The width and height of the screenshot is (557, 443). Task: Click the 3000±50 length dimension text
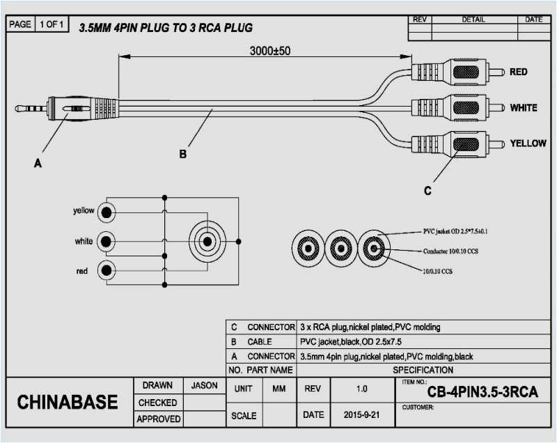[x=270, y=51]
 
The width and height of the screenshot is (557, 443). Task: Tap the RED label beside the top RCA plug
[x=518, y=72]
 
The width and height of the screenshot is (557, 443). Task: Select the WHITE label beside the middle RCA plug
[x=523, y=108]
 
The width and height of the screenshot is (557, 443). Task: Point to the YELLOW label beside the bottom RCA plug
[x=527, y=143]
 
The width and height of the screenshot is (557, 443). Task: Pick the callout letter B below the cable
[x=182, y=155]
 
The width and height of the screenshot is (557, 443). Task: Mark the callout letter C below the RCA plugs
[x=427, y=190]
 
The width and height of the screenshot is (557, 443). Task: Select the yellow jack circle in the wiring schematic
[x=106, y=211]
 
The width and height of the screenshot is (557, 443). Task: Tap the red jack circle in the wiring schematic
[x=106, y=270]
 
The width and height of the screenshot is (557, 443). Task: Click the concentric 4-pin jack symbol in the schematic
[x=207, y=242]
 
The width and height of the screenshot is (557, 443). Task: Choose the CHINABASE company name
[x=67, y=403]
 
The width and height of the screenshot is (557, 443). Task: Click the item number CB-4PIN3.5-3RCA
[x=482, y=392]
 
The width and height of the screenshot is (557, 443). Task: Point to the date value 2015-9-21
[x=362, y=415]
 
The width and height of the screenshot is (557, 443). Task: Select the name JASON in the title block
[x=203, y=385]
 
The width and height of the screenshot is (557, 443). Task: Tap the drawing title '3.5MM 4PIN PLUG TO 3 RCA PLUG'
[x=165, y=28]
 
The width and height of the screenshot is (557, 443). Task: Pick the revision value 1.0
[x=361, y=388]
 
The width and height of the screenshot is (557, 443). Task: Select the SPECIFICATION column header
[x=423, y=370]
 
